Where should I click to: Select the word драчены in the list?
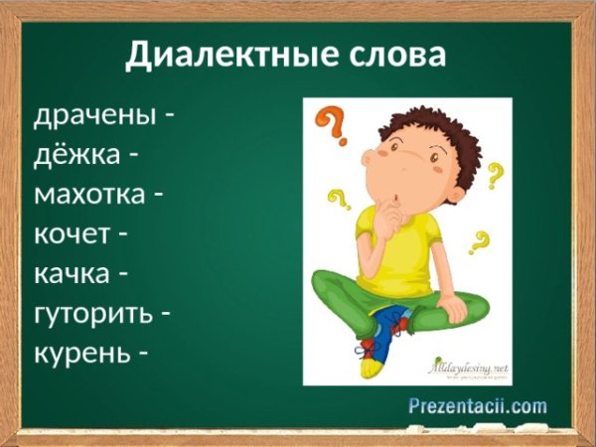[x=95, y=116]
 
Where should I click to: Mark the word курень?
[x=79, y=353]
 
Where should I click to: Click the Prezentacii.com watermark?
[x=478, y=405]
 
